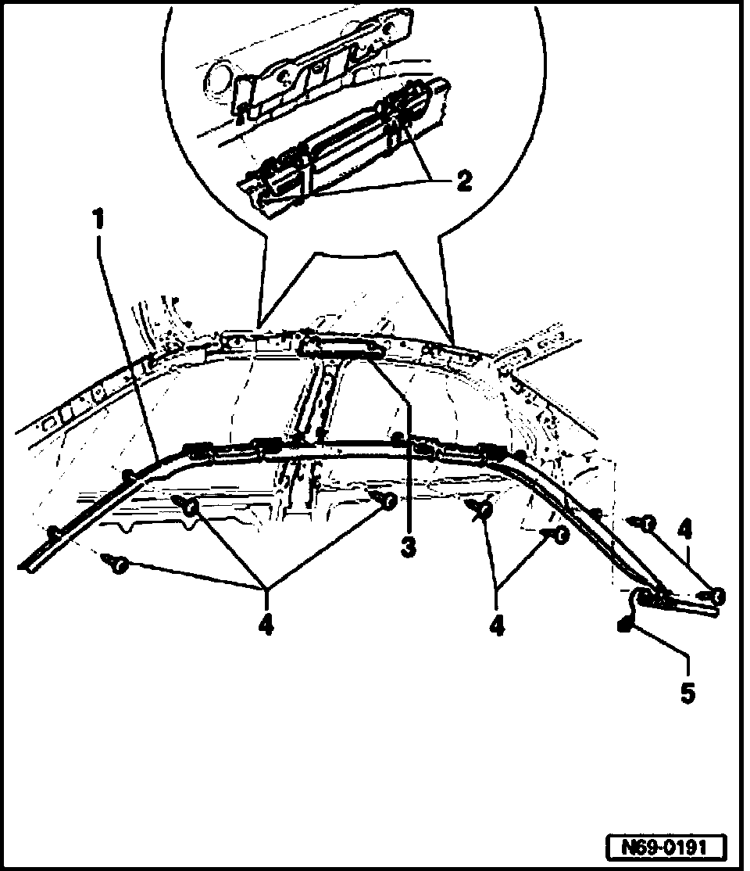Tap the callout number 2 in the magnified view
(x=463, y=182)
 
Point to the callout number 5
(x=687, y=692)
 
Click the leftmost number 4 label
(x=266, y=625)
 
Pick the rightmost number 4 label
(x=684, y=531)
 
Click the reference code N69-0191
(x=666, y=847)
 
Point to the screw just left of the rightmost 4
(x=646, y=524)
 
